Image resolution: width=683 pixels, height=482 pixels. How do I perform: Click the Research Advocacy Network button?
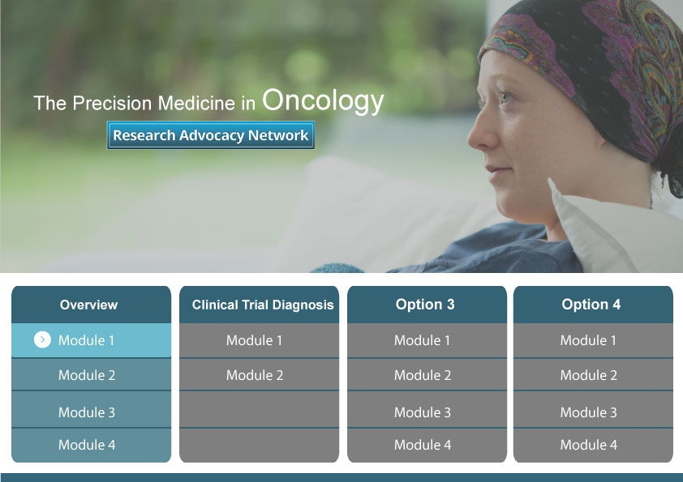pos(210,135)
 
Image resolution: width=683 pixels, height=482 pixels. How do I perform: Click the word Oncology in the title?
pos(323,101)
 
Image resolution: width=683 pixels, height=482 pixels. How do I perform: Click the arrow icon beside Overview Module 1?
pos(42,339)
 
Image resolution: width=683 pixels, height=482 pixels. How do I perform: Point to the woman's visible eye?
pos(505,96)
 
